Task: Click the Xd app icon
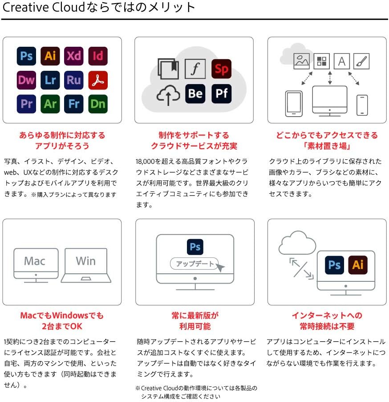[x=74, y=56]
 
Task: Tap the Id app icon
[x=98, y=56]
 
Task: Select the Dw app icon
[x=27, y=80]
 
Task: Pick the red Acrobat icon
[x=98, y=80]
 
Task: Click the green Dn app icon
[x=98, y=104]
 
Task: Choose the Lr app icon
[x=50, y=80]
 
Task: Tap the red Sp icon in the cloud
[x=221, y=69]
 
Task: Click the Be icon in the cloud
[x=195, y=93]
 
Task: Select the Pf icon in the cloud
[x=221, y=93]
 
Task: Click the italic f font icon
[x=195, y=69]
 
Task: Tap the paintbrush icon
[x=361, y=61]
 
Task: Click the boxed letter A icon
[x=341, y=61]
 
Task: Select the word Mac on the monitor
[x=35, y=261]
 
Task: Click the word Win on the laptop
[x=85, y=260]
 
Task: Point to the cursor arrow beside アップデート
[x=221, y=267]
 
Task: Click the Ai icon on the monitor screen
[x=357, y=265]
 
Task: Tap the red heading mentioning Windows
[x=61, y=315]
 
